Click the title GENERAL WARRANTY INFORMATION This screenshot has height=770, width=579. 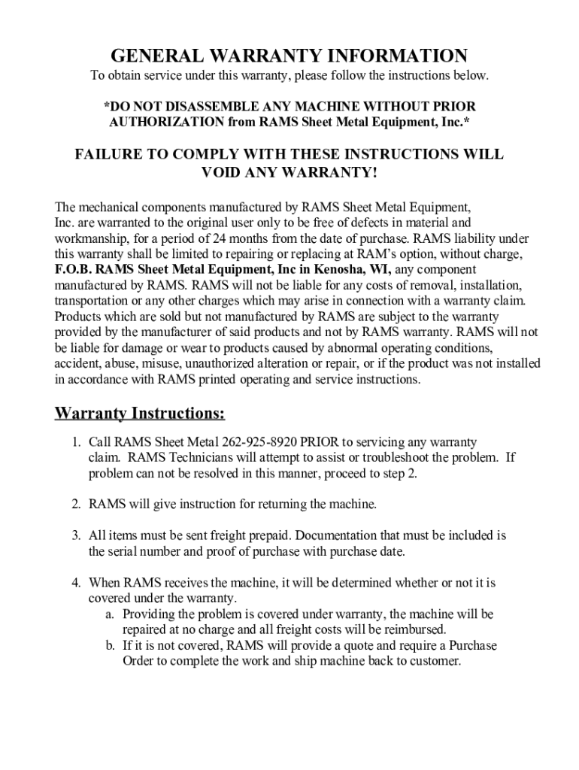point(289,56)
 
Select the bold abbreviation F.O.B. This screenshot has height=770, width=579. point(74,269)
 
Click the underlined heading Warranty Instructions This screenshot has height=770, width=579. point(140,414)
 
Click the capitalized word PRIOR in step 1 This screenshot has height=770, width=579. point(319,442)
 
